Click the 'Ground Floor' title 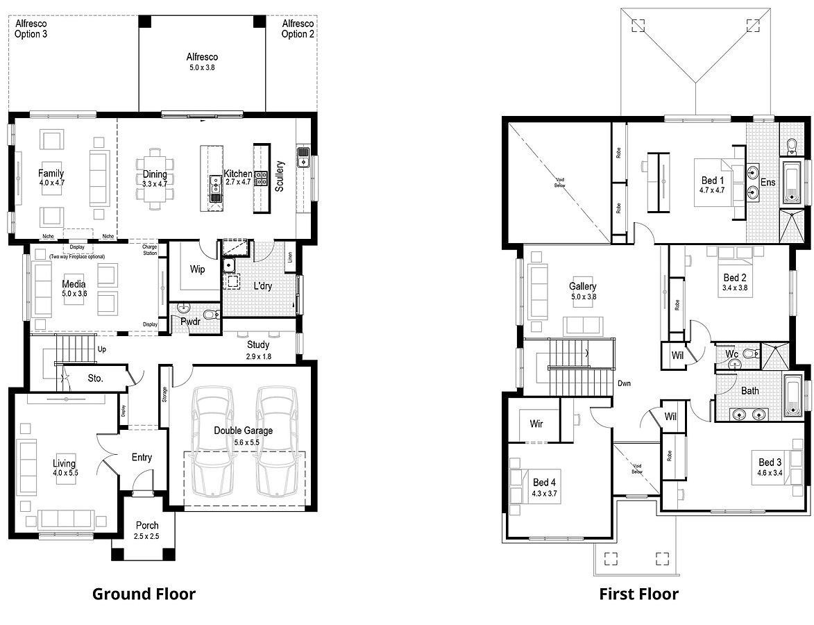pyautogui.click(x=144, y=594)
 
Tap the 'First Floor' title pyautogui.click(x=638, y=594)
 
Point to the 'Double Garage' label pyautogui.click(x=243, y=431)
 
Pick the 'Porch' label pyautogui.click(x=147, y=526)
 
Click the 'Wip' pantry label pyautogui.click(x=198, y=269)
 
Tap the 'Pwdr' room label pyautogui.click(x=191, y=322)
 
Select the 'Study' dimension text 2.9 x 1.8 pyautogui.click(x=259, y=356)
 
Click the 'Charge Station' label pyautogui.click(x=150, y=249)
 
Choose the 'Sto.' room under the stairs pyautogui.click(x=95, y=378)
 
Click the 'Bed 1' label pyautogui.click(x=713, y=181)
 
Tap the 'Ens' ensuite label pyautogui.click(x=768, y=182)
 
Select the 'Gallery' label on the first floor pyautogui.click(x=582, y=286)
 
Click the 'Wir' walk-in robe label pyautogui.click(x=536, y=423)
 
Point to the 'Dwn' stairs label pyautogui.click(x=624, y=383)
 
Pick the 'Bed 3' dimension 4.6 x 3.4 pyautogui.click(x=770, y=473)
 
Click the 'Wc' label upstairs pyautogui.click(x=731, y=353)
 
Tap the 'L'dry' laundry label pyautogui.click(x=262, y=285)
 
